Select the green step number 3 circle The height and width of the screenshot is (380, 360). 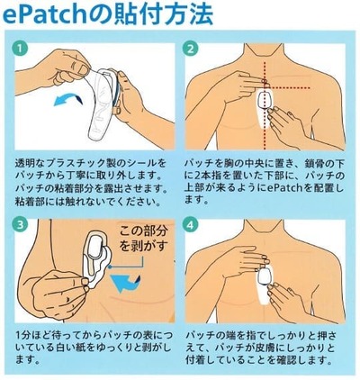[x=20, y=222]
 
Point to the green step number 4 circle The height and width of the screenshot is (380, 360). [x=191, y=222]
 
